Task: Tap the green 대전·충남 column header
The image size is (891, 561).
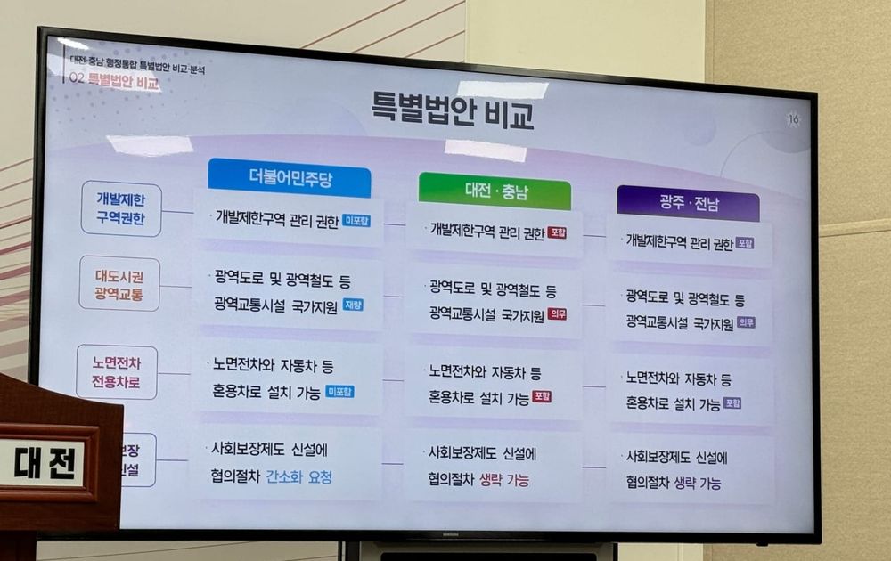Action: [495, 191]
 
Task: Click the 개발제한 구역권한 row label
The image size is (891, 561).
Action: [120, 208]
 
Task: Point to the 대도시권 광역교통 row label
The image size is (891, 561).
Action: [119, 283]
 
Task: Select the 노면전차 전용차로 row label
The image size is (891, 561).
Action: [117, 372]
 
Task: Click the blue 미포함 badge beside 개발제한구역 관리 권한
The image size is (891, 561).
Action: [356, 220]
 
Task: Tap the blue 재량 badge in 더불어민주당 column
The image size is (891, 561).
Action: [353, 305]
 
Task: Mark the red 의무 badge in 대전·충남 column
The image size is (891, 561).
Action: [558, 313]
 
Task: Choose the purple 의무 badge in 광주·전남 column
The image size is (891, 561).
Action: [746, 322]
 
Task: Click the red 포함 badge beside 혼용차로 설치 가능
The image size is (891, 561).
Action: [542, 397]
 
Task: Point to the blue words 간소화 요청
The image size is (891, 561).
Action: [299, 477]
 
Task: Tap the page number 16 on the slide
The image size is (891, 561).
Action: [793, 119]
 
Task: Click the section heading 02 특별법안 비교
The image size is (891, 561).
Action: [117, 84]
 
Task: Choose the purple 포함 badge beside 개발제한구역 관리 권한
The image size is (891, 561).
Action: [745, 242]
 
